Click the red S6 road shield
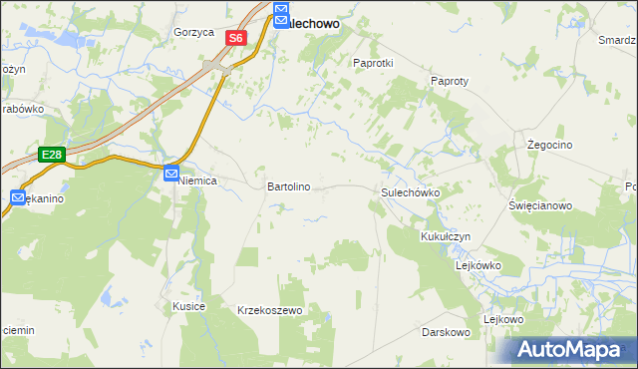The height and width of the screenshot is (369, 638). [x=235, y=38]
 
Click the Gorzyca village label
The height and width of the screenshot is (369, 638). [x=193, y=32]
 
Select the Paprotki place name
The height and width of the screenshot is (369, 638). [x=374, y=62]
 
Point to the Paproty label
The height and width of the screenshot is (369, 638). [x=450, y=81]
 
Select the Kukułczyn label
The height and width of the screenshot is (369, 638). [x=445, y=236]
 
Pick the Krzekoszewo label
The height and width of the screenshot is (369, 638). [x=269, y=311]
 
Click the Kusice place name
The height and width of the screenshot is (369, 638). [x=188, y=306]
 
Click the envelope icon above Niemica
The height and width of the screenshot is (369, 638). [x=171, y=174]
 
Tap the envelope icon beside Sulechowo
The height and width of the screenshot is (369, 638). [x=281, y=15]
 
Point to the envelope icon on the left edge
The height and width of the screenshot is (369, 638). [x=18, y=198]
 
